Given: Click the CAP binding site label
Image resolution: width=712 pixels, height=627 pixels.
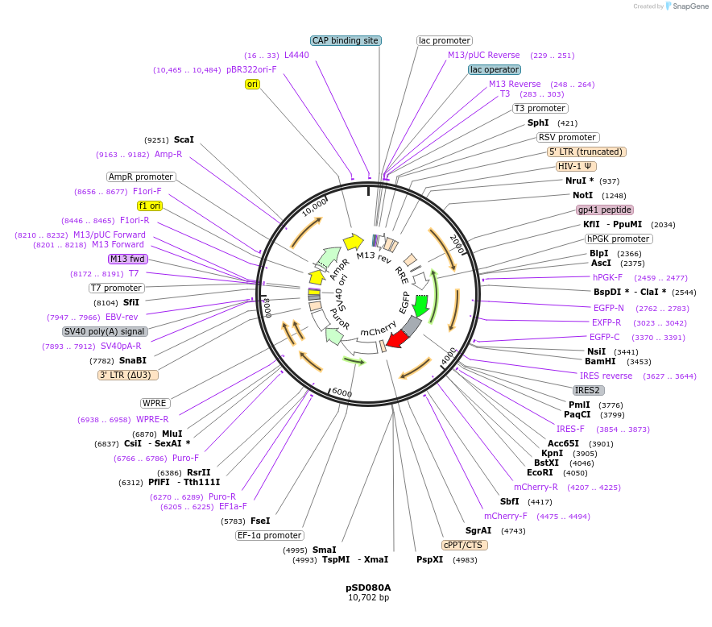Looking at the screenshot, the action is pos(345,40).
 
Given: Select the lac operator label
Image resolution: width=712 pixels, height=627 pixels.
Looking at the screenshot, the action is pos(495,69).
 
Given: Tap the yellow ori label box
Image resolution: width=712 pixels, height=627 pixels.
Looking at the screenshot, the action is pos(253,84).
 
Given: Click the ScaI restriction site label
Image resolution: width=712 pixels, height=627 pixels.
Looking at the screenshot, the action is pos(184,139).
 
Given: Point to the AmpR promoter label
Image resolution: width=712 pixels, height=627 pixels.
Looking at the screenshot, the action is pos(141,176).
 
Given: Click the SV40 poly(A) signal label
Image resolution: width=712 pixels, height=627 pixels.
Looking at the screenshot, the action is pos(105,331).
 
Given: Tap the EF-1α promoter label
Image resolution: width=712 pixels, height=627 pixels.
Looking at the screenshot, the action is pos(270,535).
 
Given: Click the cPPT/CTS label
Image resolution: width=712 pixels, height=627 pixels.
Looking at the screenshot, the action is pos(465,545).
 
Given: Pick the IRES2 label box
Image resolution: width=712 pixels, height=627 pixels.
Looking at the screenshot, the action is pos(587,390).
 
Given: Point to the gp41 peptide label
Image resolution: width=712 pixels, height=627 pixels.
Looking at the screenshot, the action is pos(605,210).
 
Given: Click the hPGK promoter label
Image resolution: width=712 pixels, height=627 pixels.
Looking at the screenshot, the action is pos(619,239).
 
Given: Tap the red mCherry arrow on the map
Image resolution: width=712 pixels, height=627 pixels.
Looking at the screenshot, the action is pos(396,339).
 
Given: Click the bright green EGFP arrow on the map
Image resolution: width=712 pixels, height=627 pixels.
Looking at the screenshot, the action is pos(420,306).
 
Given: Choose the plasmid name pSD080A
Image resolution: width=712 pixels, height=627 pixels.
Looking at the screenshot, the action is pos(368,587).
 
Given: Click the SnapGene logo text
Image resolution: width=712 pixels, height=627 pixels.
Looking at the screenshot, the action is pos(689,6).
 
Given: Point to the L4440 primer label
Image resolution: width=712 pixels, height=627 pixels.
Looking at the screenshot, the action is pos(296,55).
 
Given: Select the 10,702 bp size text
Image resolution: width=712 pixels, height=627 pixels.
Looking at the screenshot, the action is pos(368,598).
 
